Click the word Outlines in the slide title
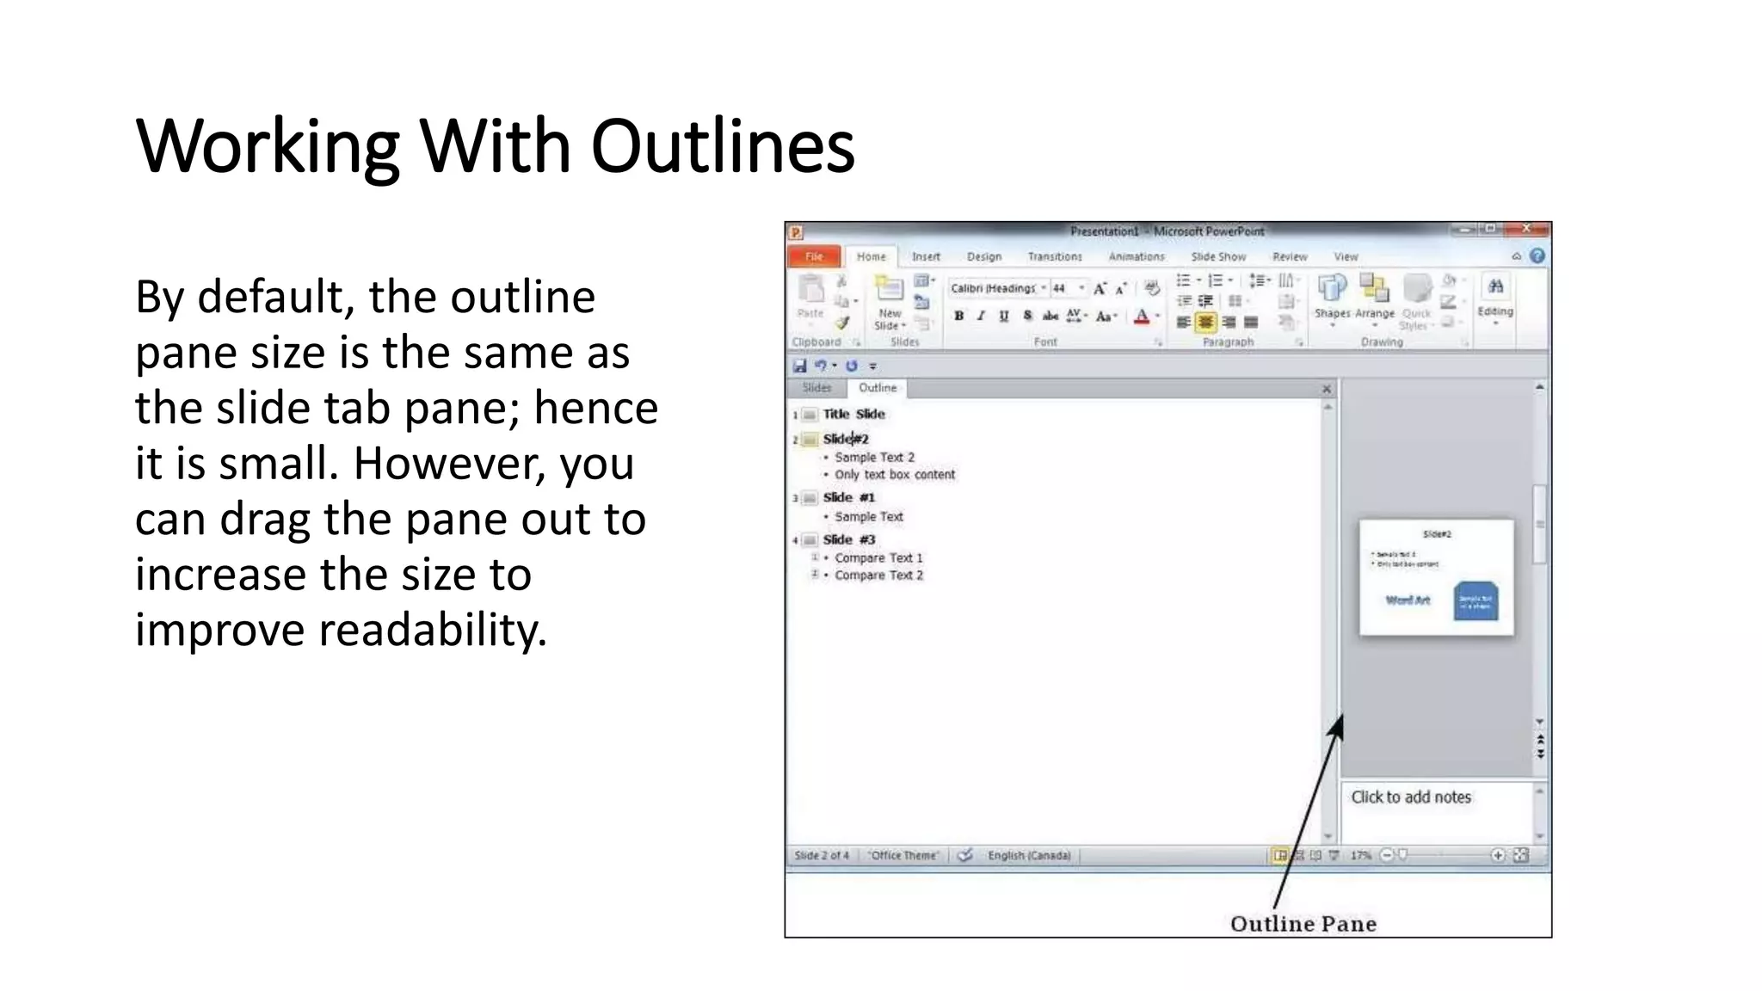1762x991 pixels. pyautogui.click(x=723, y=146)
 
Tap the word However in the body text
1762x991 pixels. pyautogui.click(x=449, y=464)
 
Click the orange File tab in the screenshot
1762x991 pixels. pyautogui.click(x=814, y=256)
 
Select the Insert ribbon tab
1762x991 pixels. pyautogui.click(x=926, y=256)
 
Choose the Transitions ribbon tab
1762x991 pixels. pyautogui.click(x=1055, y=256)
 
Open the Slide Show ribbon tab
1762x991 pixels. pyautogui.click(x=1218, y=256)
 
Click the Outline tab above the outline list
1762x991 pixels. pyautogui.click(x=878, y=388)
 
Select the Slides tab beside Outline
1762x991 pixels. pyautogui.click(x=816, y=388)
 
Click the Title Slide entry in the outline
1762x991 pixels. pyautogui.click(x=853, y=414)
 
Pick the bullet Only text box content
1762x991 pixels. pyautogui.click(x=895, y=475)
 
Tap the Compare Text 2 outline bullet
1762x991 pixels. pyautogui.click(x=878, y=576)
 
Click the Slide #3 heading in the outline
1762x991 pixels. pyautogui.click(x=848, y=539)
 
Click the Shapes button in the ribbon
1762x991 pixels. pyautogui.click(x=1332, y=297)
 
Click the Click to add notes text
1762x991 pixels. pyautogui.click(x=1411, y=797)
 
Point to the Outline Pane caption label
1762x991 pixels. pyautogui.click(x=1303, y=924)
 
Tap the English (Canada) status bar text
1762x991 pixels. pyautogui.click(x=1029, y=855)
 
